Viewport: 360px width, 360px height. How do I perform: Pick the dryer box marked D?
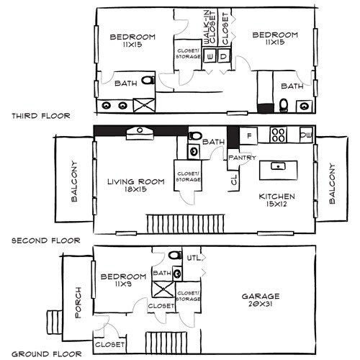[223, 56]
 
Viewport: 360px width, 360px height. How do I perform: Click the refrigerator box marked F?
[248, 135]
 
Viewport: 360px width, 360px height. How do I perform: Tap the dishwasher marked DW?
[306, 135]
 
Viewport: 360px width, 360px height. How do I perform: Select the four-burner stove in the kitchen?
[279, 135]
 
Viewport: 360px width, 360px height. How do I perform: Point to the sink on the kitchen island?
[276, 166]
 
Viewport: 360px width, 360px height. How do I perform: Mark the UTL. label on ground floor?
[192, 257]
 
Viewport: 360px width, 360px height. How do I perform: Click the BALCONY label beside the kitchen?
[332, 184]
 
